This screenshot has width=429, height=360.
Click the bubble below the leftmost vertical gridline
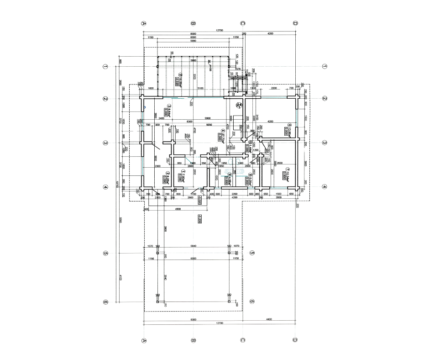(144, 340)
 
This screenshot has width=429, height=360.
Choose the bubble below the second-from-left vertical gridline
(193, 340)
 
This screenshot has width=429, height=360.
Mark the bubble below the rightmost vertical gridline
(295, 340)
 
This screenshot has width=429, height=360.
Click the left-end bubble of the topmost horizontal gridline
(105, 66)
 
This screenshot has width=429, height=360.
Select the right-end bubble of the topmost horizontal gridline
(325, 66)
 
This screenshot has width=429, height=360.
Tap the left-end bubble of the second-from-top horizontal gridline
(105, 98)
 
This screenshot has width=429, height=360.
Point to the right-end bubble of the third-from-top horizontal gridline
(325, 143)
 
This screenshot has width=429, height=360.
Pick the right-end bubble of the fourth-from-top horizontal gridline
(325, 186)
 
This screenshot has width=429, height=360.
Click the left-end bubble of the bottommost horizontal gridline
(105, 302)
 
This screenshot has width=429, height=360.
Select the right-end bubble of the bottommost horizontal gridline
(252, 302)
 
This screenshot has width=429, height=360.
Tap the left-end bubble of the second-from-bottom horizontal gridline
(105, 253)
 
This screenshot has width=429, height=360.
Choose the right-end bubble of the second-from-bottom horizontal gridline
(252, 253)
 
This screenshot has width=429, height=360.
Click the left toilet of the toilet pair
(231, 161)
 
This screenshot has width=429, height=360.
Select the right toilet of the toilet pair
(239, 161)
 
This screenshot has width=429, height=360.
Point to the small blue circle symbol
(145, 107)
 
